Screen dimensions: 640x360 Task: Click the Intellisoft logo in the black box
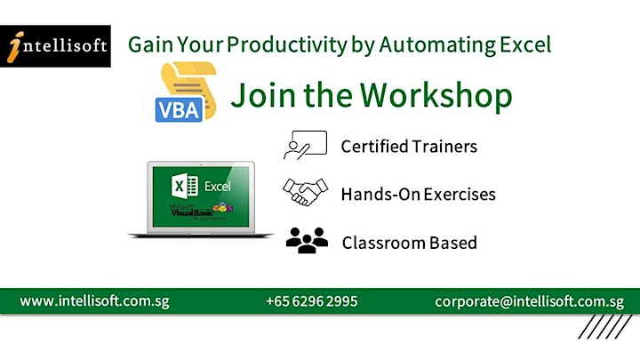click(55, 46)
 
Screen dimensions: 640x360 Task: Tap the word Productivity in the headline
click(287, 45)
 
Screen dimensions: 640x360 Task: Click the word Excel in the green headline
click(525, 44)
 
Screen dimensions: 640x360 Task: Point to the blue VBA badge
click(179, 110)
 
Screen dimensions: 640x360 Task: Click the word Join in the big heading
click(263, 95)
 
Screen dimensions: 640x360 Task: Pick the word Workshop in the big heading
click(436, 96)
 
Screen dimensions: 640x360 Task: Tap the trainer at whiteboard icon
click(305, 145)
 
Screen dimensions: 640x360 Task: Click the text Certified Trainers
click(409, 146)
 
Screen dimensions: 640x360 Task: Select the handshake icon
click(305, 192)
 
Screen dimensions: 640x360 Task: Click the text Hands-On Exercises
click(419, 195)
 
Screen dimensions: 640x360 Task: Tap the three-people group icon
click(307, 240)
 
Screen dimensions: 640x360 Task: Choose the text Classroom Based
click(410, 243)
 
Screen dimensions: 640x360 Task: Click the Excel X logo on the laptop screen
click(185, 186)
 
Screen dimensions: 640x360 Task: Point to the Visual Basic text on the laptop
click(192, 212)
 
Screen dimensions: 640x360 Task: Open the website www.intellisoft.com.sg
click(94, 301)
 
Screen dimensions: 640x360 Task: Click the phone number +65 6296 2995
click(311, 301)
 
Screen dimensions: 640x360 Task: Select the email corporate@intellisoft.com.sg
click(530, 302)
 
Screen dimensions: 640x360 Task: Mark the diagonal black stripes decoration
click(605, 326)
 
